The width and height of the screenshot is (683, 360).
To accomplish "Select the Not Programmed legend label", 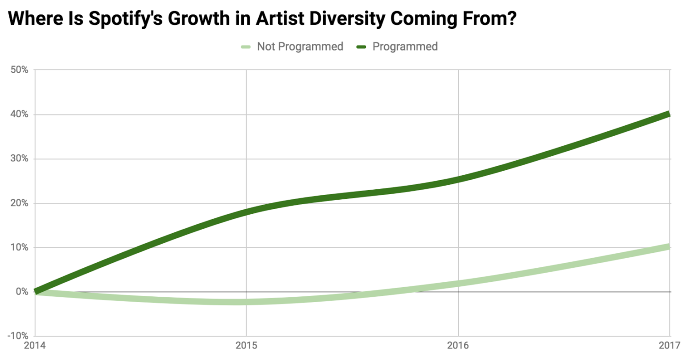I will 300,47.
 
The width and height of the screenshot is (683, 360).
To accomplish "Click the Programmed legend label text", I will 405,47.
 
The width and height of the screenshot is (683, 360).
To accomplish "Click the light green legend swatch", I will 246,47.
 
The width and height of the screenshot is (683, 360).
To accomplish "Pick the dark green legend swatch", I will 361,47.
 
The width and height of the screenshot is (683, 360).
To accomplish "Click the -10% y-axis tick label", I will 17,336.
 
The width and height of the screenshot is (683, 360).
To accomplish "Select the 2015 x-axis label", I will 246,346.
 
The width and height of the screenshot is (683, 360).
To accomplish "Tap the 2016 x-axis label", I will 458,346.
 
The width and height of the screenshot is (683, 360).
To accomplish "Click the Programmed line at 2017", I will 669,115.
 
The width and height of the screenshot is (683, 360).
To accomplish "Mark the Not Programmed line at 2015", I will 246,302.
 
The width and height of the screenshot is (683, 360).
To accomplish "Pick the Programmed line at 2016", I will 458,179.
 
